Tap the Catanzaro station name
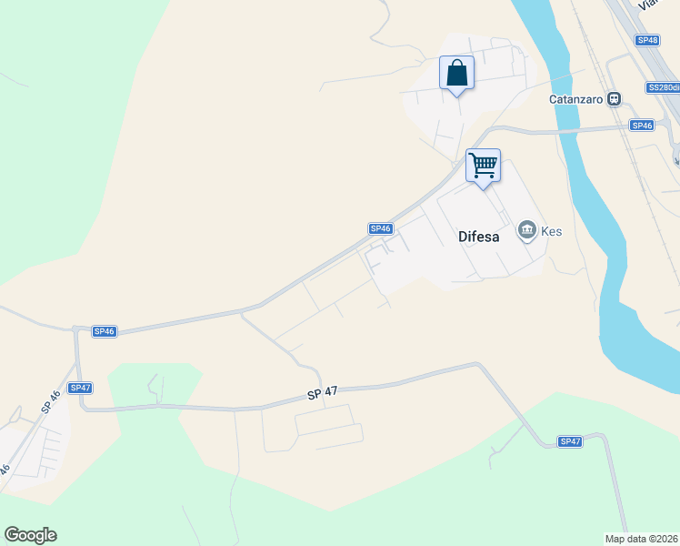point(576,99)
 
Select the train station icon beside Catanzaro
point(615,99)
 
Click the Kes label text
point(552,231)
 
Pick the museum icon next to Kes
point(527,231)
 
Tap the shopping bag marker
point(456,73)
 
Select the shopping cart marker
point(484,166)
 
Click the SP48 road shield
point(647,40)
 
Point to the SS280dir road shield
point(663,88)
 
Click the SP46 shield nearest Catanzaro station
point(642,126)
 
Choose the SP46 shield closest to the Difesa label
point(380,228)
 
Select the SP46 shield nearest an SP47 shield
point(105,331)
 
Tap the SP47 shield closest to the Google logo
point(81,388)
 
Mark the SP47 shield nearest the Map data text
point(570,441)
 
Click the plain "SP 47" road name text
point(322,393)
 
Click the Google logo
point(30,535)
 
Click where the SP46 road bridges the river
point(568,131)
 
